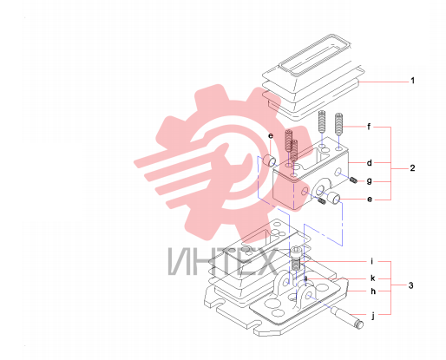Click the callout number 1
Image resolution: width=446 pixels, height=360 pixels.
413,81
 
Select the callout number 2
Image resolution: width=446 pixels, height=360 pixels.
412,168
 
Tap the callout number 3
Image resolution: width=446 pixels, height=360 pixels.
411,285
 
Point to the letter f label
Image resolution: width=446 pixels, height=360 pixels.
369,127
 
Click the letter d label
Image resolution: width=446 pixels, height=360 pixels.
370,163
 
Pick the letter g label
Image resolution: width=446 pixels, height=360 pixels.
370,181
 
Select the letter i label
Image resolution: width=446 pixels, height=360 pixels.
372,261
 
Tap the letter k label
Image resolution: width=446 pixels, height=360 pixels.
373,278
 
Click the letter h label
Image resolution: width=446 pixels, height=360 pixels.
373,291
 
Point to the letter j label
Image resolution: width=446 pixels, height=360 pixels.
373,315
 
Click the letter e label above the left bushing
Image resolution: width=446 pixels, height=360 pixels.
271,136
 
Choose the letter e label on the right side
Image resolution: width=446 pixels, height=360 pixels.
370,200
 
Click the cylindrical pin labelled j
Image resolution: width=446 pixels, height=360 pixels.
347,317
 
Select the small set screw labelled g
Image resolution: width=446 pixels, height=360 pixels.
353,180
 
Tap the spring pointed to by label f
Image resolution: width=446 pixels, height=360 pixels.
339,124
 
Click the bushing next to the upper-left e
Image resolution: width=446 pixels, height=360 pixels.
269,160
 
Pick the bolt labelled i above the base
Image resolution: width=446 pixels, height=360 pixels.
296,258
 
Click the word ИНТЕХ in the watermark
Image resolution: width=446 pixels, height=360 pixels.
222,262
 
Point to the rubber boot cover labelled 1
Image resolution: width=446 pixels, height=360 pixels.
311,78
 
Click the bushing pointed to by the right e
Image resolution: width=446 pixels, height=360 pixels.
334,198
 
